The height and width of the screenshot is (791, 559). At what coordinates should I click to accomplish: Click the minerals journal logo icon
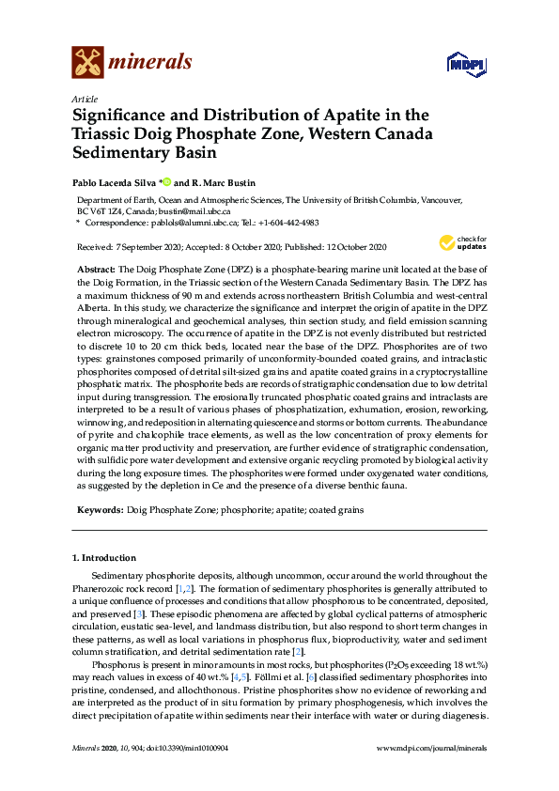coord(87,63)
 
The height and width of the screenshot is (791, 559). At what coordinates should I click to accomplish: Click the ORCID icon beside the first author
coord(167,182)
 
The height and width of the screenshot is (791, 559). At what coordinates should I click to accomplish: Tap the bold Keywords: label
coord(100,509)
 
